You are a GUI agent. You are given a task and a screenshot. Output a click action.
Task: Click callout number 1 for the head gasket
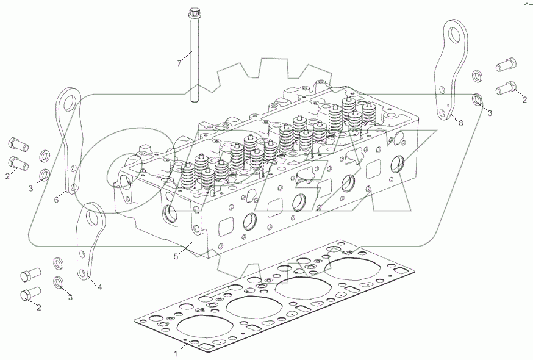point(176,353)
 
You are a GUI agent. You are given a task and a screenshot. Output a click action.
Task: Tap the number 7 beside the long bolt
point(179,63)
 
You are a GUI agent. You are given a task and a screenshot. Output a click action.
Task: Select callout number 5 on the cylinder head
point(176,256)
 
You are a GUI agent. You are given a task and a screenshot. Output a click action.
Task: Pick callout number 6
point(57,199)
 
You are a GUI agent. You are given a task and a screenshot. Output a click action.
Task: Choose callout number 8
point(461,123)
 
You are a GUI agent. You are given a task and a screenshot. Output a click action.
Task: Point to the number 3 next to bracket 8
point(490,112)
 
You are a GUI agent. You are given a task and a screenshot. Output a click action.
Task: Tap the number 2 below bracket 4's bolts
point(38,308)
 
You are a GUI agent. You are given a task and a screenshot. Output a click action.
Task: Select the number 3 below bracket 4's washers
point(70,297)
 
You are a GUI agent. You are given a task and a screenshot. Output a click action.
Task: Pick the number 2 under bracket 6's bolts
point(7,176)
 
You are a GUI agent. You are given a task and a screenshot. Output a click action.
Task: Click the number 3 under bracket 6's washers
point(30,189)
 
